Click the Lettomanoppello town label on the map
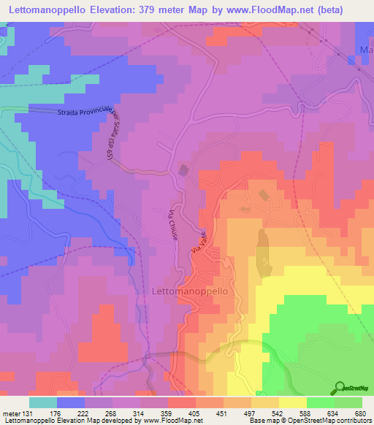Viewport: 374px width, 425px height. click(191, 290)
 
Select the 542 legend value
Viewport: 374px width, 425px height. click(278, 411)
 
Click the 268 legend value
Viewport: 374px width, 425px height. click(112, 411)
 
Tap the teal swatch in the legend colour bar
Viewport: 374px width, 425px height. click(43, 402)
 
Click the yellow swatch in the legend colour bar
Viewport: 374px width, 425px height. click(292, 402)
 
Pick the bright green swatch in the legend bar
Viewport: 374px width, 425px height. click(320, 402)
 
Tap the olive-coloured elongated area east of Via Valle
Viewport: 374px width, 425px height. click(264, 252)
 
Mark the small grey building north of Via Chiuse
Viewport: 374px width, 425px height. click(183, 170)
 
